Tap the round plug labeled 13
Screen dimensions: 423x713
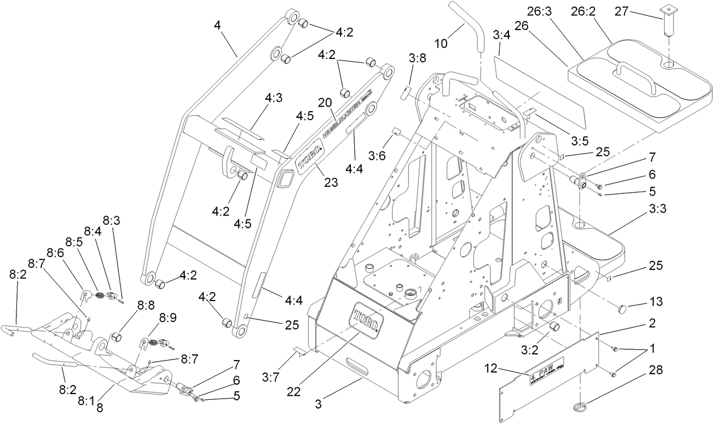click(622, 309)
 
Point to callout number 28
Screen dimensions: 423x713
click(655, 370)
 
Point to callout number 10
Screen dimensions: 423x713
click(442, 43)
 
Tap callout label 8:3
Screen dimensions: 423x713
click(111, 219)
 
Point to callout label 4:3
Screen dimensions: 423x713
click(273, 98)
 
